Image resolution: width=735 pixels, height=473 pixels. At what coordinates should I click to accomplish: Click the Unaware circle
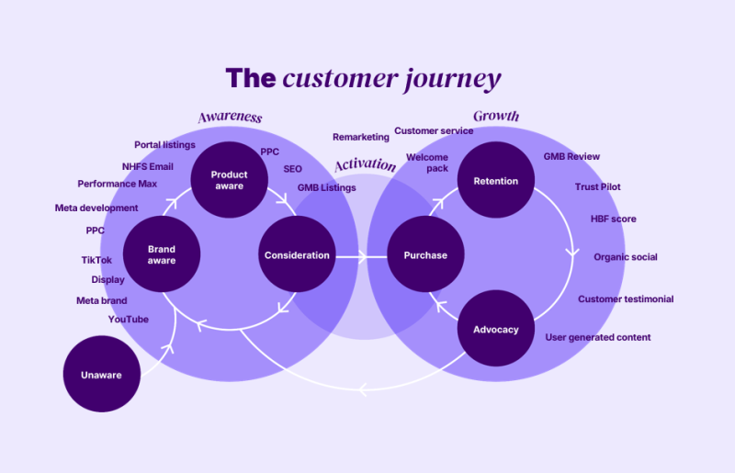[102, 374]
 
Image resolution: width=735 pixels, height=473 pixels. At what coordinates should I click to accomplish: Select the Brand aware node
[162, 254]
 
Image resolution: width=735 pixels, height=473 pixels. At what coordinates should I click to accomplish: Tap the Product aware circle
[229, 180]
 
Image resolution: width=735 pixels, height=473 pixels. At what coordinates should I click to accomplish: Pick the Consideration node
[297, 254]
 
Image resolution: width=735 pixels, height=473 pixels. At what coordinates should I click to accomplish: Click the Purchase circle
[425, 254]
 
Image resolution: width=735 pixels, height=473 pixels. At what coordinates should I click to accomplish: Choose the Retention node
[496, 180]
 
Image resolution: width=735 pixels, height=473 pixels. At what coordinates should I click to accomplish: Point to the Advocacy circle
[496, 328]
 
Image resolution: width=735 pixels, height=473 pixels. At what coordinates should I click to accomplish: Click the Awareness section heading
[230, 118]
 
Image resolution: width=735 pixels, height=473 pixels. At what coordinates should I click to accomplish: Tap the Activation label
[365, 164]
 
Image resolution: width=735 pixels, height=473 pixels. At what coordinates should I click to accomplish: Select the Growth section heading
[496, 116]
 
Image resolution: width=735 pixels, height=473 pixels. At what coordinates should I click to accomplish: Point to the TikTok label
[96, 260]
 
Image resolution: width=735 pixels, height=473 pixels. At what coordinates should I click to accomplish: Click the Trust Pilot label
[598, 186]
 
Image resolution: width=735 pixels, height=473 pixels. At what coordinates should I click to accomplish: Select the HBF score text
[613, 219]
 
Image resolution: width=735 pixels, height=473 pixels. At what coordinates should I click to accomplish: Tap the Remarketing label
[361, 138]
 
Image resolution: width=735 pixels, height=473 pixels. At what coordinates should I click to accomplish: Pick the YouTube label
[129, 320]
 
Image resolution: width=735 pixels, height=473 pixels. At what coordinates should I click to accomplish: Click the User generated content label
[598, 337]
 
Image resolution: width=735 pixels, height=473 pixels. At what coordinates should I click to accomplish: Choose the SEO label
[292, 169]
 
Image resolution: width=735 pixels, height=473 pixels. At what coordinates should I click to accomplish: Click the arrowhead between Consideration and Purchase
[362, 257]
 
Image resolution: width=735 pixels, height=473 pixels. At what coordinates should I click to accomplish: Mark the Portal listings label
[164, 145]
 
